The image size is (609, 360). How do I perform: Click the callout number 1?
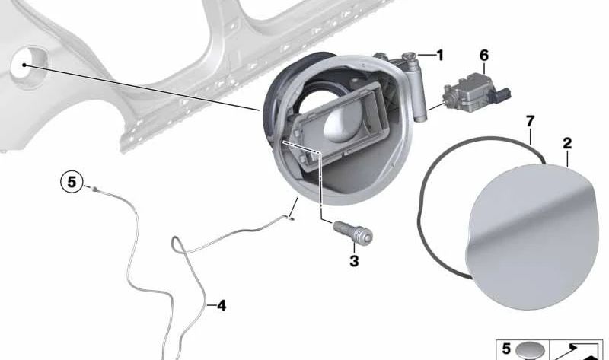[439, 55]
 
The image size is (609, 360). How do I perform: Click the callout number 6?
[484, 56]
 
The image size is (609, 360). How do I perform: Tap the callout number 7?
[531, 122]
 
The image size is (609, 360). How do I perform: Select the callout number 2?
[567, 143]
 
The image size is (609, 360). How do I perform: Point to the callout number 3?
[353, 262]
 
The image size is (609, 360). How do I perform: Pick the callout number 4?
[221, 306]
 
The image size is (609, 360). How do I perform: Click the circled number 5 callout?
[72, 183]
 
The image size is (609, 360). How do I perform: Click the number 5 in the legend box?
[507, 349]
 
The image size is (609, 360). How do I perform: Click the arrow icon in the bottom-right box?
[576, 350]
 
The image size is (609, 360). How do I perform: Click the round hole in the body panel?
[28, 64]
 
